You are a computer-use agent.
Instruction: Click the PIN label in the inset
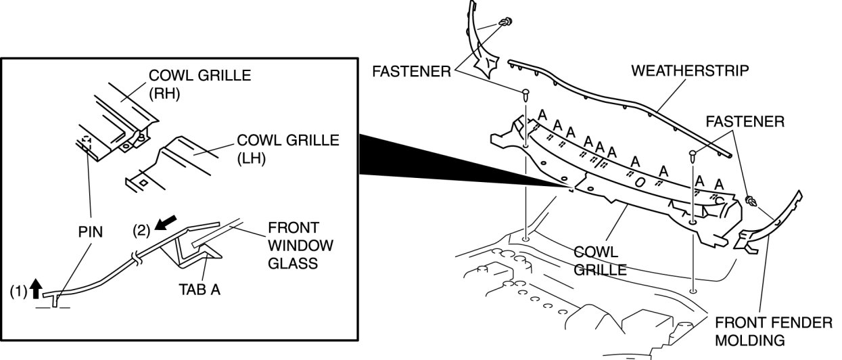click(x=90, y=232)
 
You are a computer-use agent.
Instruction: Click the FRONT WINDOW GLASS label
click(x=293, y=244)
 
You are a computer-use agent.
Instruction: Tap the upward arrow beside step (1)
click(x=38, y=292)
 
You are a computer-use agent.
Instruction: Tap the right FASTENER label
click(x=745, y=122)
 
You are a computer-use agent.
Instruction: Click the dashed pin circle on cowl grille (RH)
click(x=86, y=143)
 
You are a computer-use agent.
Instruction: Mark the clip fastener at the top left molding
click(x=504, y=24)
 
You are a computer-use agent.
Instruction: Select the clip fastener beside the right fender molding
click(x=751, y=200)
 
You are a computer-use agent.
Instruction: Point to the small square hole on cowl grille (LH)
click(x=143, y=182)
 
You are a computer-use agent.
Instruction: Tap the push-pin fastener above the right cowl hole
click(x=693, y=156)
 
